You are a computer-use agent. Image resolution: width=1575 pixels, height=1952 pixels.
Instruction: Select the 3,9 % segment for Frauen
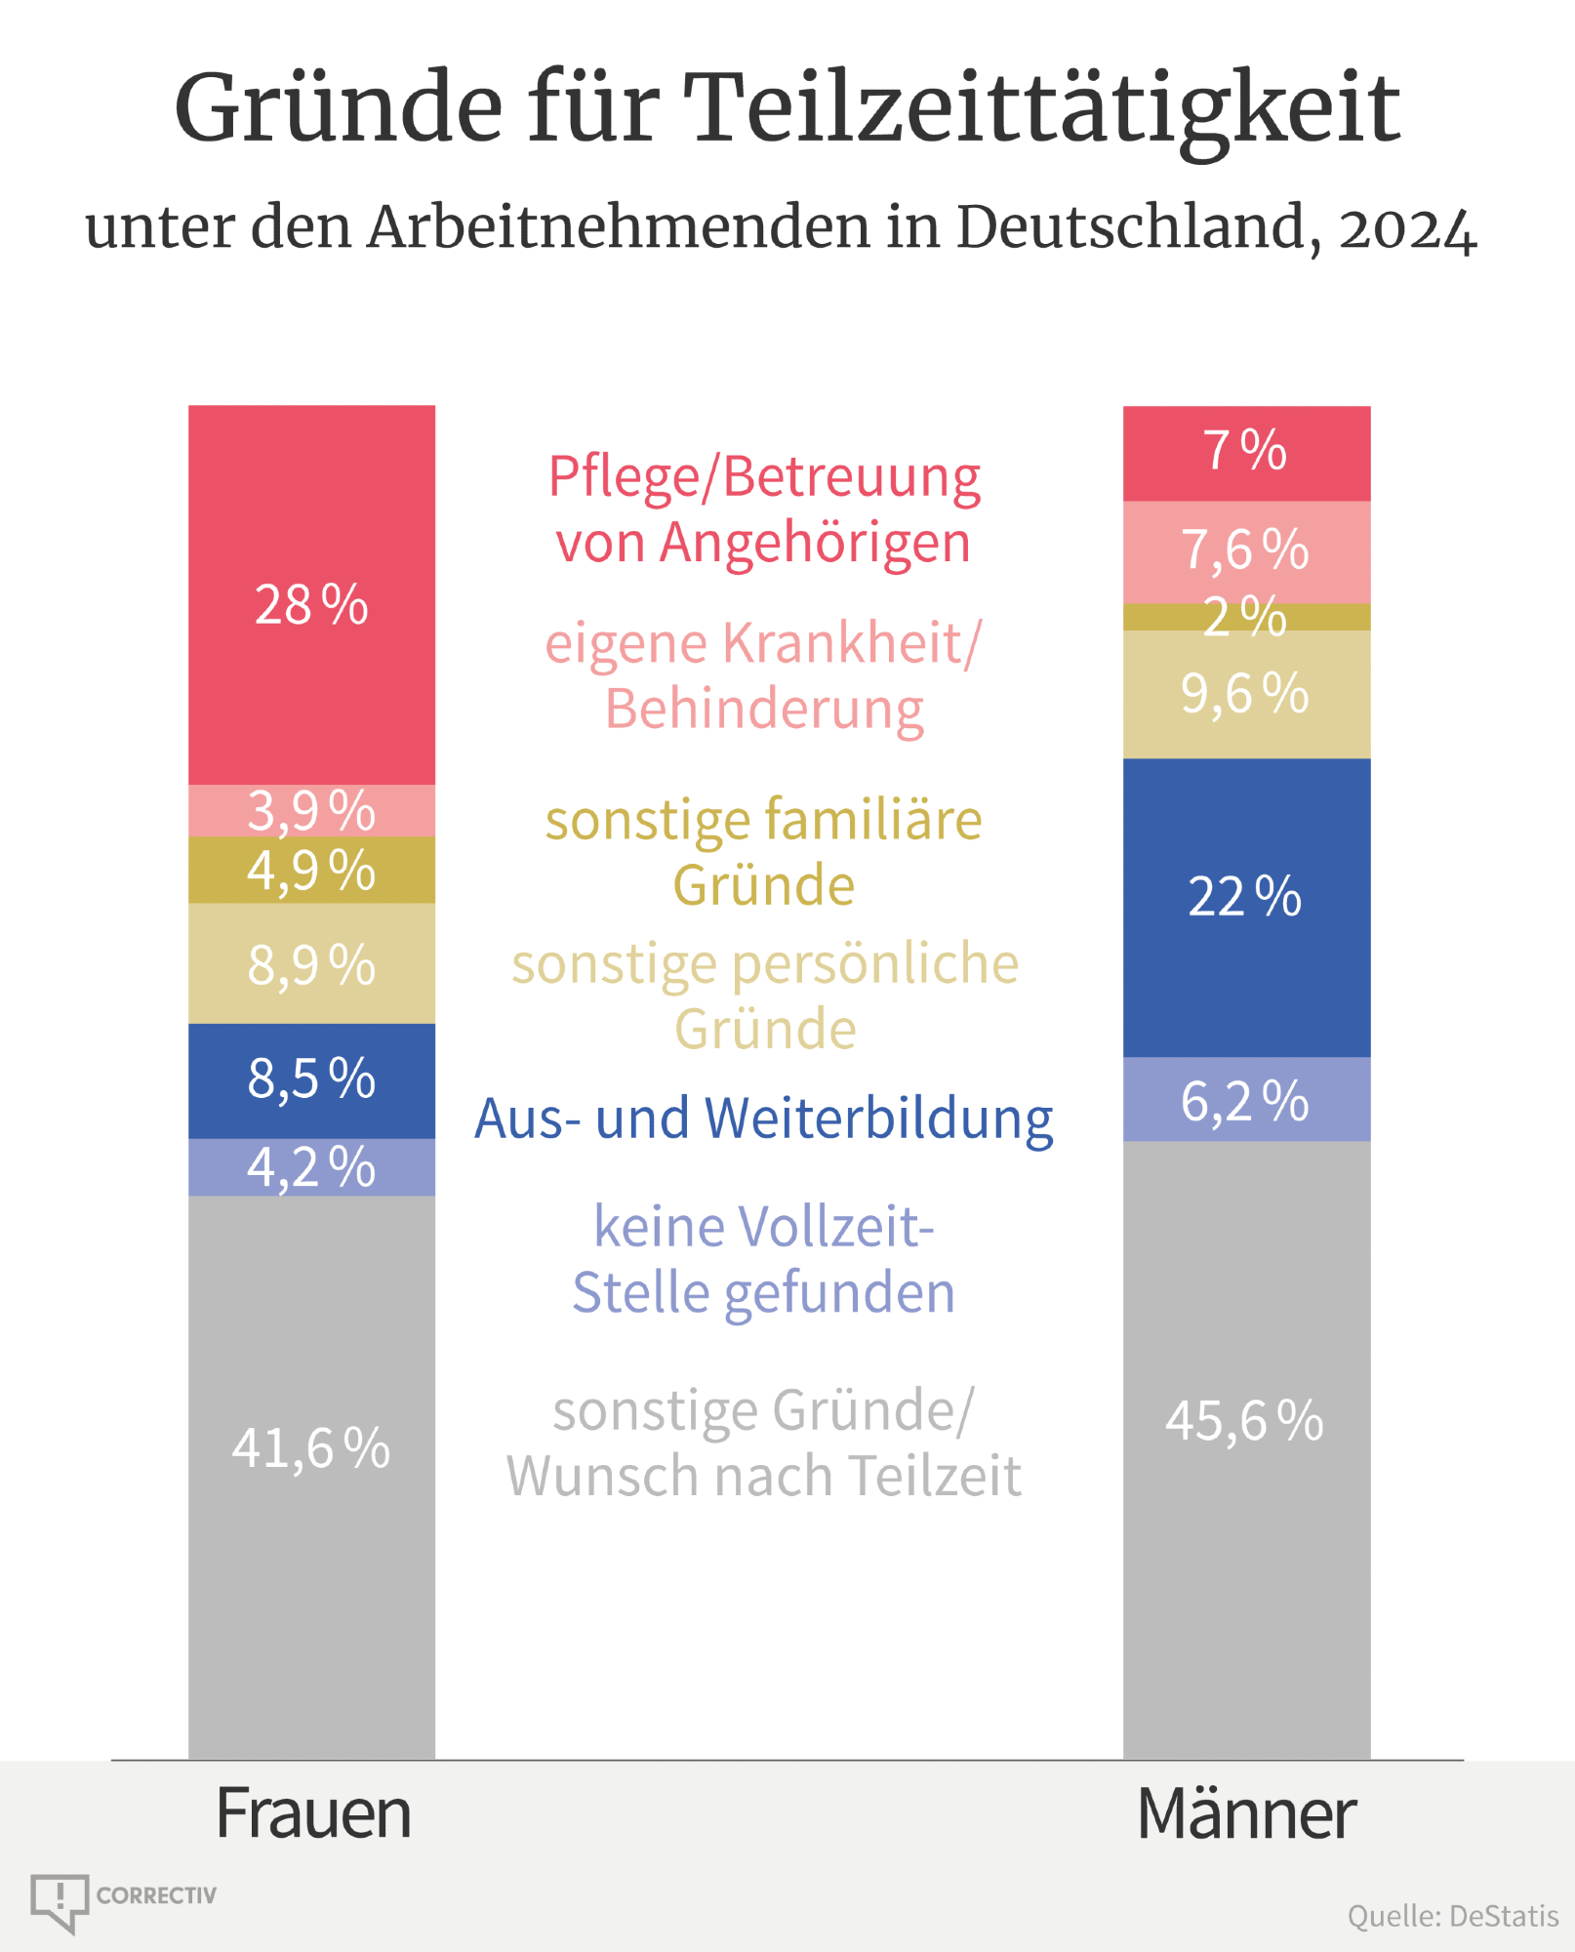[311, 811]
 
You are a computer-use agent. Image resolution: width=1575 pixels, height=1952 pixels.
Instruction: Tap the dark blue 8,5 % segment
[311, 1079]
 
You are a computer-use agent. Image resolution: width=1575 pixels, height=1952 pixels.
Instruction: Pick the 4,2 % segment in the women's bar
[311, 1167]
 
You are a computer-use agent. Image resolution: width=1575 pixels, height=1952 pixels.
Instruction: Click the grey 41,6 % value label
[311, 1447]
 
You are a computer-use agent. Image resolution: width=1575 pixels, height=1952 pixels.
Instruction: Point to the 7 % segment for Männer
[1246, 453]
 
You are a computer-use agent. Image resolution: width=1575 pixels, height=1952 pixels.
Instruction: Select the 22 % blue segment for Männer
[1246, 908]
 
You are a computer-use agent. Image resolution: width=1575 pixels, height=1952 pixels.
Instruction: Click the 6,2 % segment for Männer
[1246, 1100]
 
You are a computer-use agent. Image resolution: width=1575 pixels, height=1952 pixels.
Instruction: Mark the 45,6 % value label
[1245, 1421]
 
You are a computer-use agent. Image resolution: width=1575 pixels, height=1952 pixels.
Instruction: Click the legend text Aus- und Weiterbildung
[763, 1118]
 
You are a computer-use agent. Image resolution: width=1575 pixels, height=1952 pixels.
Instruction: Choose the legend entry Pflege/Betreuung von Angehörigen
[763, 509]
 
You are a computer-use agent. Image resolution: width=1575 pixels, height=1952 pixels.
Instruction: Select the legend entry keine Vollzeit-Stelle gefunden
[763, 1259]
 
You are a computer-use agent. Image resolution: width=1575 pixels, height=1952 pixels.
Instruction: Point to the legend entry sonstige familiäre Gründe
[763, 852]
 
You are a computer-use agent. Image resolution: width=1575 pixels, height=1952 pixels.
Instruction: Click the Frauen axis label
[313, 1813]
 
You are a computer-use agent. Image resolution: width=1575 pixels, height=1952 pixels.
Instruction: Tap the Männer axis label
[1246, 1813]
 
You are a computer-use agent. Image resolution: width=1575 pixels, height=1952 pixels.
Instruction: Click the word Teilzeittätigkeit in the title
[1041, 109]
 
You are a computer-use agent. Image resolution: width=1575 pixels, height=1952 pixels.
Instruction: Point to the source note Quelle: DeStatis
[1452, 1916]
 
